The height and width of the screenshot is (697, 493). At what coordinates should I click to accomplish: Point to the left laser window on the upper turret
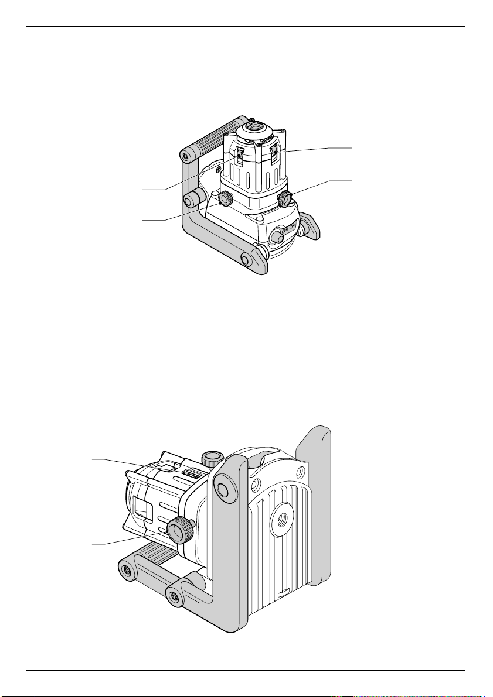pyautogui.click(x=240, y=157)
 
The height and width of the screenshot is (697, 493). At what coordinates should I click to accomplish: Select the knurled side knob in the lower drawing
pyautogui.click(x=179, y=530)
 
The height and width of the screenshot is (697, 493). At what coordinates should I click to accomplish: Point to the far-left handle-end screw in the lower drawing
pyautogui.click(x=126, y=568)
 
